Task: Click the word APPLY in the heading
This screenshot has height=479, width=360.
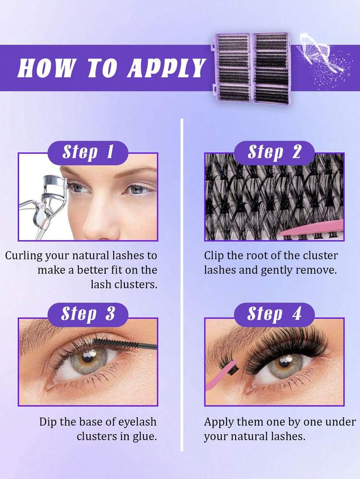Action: (167, 68)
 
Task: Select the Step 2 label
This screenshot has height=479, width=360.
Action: (275, 152)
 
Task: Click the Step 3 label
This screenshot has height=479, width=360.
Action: (88, 315)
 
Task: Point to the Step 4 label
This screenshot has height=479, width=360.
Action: (275, 315)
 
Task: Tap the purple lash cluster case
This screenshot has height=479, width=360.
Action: (251, 68)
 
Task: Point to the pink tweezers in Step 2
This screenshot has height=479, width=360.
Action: (312, 229)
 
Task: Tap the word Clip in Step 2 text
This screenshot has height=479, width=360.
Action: (214, 256)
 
